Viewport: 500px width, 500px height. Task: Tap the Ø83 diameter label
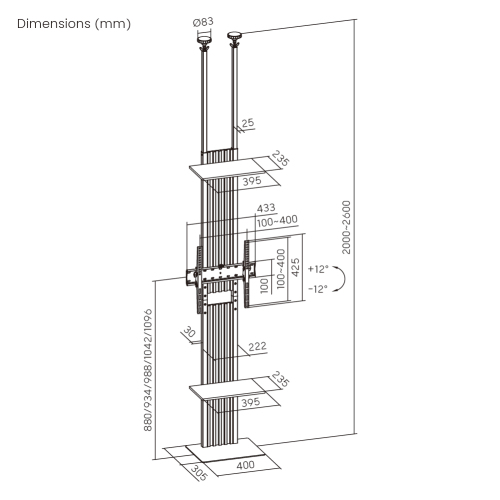click(204, 21)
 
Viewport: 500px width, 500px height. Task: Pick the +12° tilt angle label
click(318, 269)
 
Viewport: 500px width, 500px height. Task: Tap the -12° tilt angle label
click(318, 289)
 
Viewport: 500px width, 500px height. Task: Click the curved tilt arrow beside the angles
click(340, 279)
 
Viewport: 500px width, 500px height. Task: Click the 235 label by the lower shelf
click(281, 382)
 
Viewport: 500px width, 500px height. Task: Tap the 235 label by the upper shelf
click(281, 162)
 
